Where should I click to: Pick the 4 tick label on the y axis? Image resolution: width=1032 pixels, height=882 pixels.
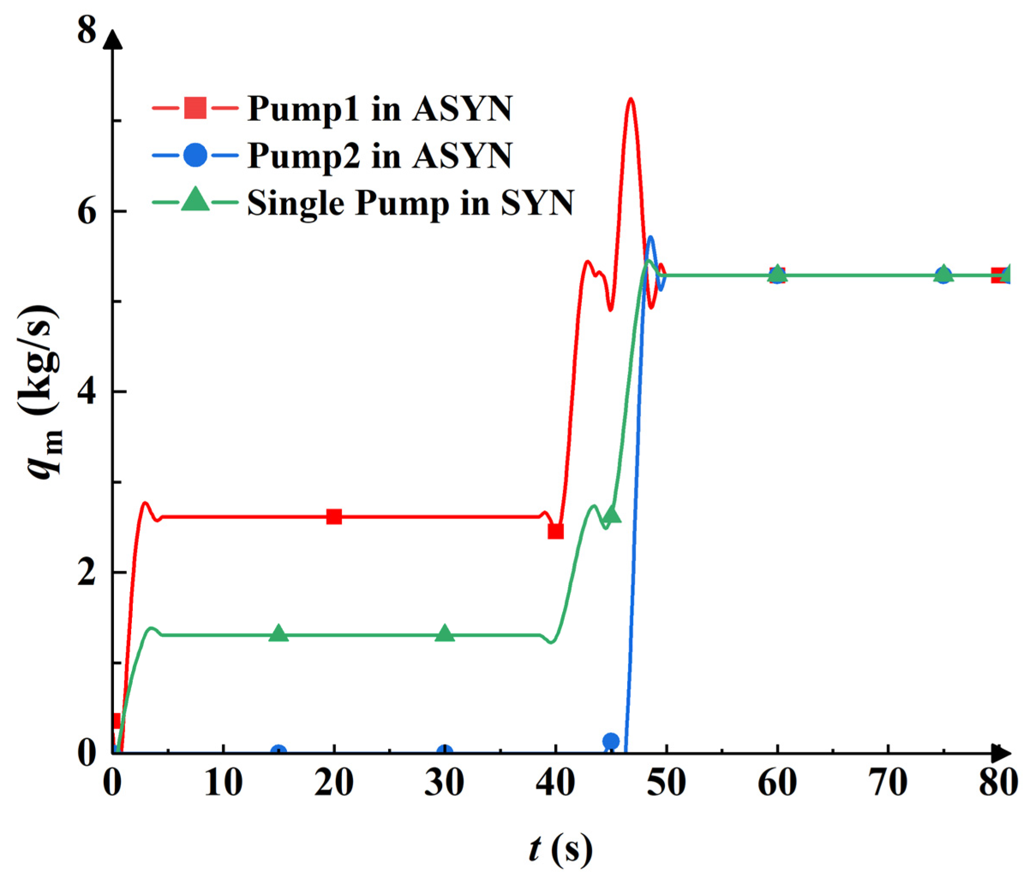click(87, 392)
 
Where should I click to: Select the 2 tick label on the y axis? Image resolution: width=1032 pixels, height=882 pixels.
click(87, 573)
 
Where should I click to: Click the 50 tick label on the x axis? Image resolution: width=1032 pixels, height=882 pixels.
click(666, 782)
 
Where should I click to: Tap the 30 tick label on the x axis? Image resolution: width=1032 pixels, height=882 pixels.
click(444, 782)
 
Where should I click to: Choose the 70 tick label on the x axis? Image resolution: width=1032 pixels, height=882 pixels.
click(888, 782)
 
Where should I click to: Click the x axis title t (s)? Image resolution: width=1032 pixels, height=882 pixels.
click(561, 849)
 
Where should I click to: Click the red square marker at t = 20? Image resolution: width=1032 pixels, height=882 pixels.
click(334, 517)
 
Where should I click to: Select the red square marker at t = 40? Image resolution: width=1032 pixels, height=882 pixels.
click(555, 532)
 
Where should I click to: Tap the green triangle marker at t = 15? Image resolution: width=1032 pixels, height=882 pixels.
click(279, 634)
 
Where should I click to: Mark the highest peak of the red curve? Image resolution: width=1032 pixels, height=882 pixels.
click(631, 99)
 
